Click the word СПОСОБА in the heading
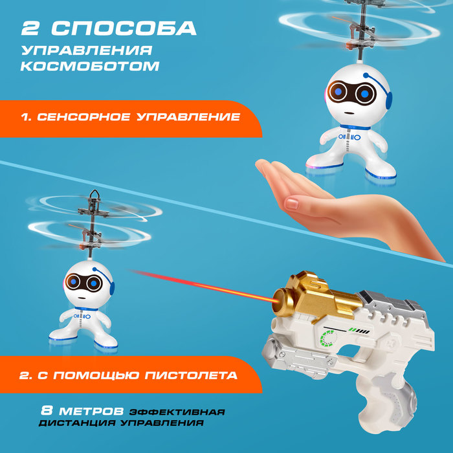click(x=124, y=28)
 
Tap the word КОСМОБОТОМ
click(x=90, y=66)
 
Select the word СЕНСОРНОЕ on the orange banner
click(x=83, y=116)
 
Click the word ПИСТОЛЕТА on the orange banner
click(x=191, y=375)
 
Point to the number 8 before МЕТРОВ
click(x=47, y=410)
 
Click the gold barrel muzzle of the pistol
click(x=279, y=302)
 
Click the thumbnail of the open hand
click(x=292, y=203)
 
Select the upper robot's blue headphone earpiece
click(x=388, y=100)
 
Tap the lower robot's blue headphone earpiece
click(x=112, y=288)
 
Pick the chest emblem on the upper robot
click(x=349, y=137)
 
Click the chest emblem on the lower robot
click(x=82, y=316)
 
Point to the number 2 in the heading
click(x=30, y=28)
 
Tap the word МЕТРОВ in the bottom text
click(x=92, y=411)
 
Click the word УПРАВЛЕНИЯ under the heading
click(x=87, y=50)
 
